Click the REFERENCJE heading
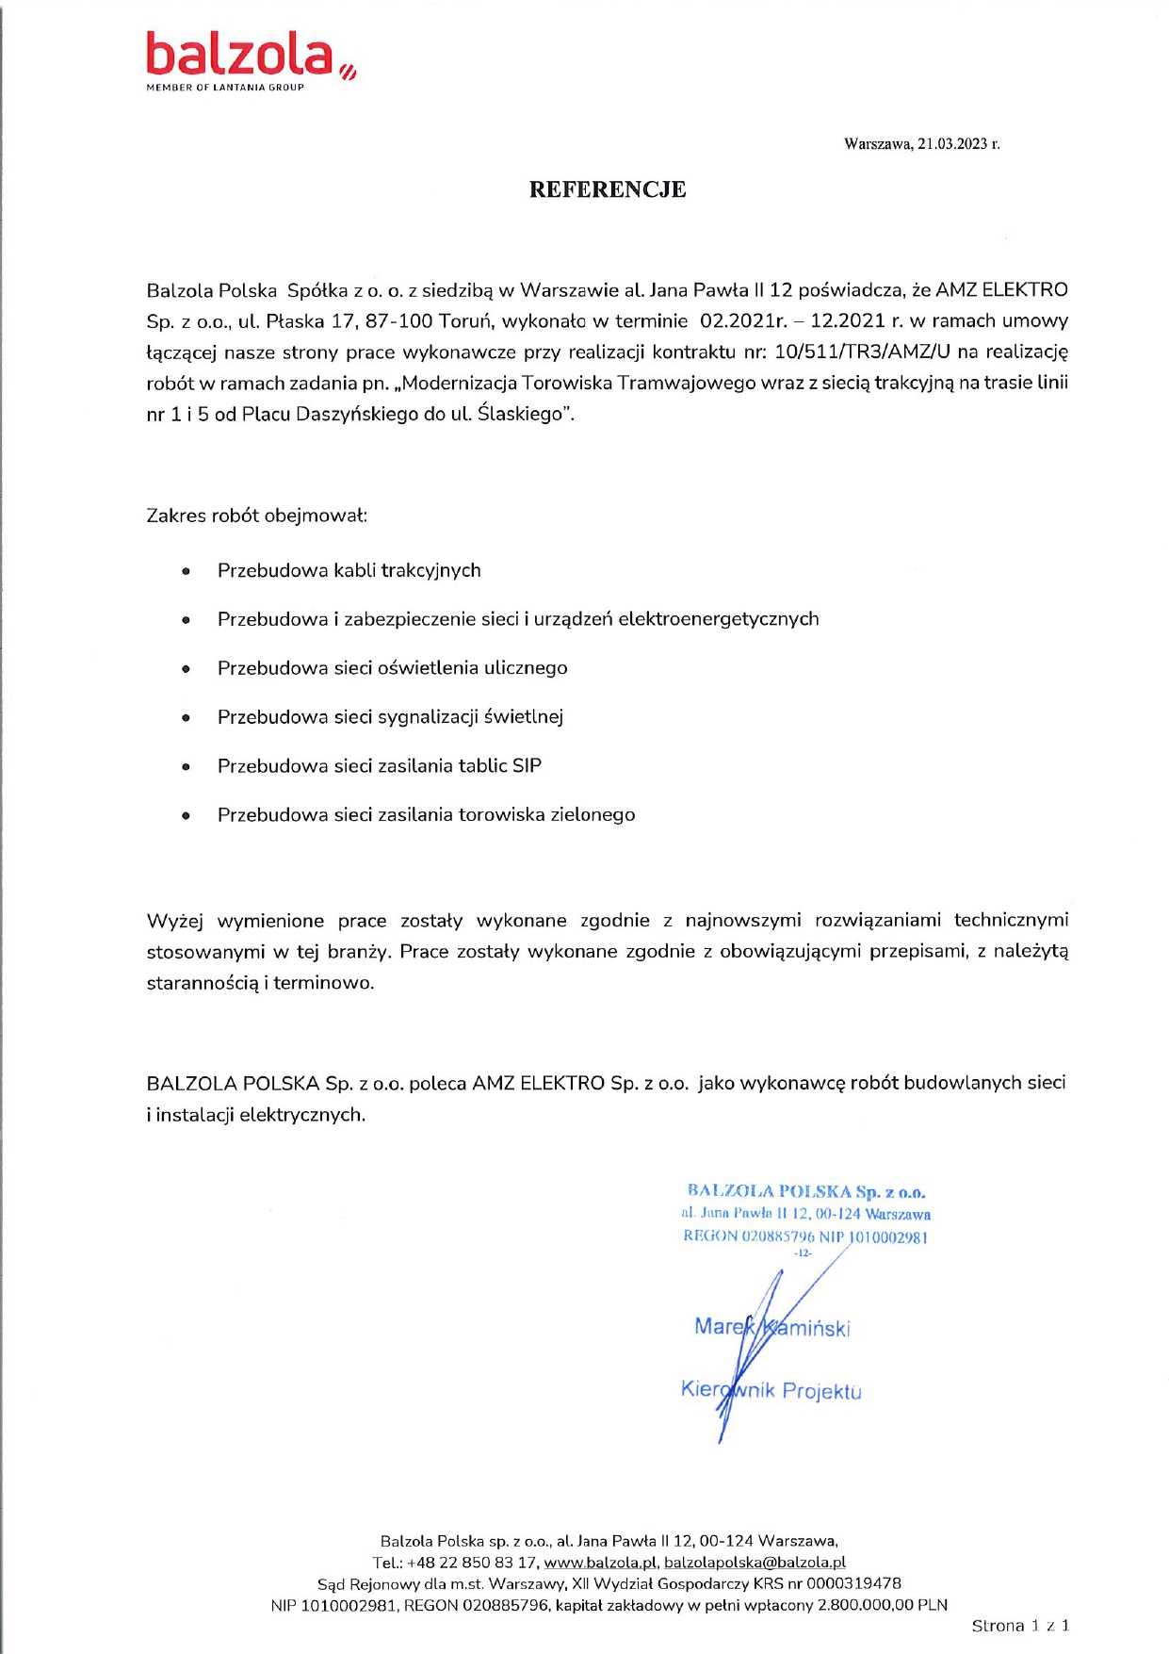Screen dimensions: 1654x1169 click(x=607, y=189)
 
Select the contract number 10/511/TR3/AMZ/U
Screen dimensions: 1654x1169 click(x=861, y=352)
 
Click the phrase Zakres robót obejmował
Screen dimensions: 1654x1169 click(x=256, y=516)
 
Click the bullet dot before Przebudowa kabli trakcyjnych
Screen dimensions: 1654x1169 click(x=187, y=571)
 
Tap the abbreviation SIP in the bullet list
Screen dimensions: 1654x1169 click(x=527, y=766)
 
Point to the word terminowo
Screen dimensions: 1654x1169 click(x=323, y=983)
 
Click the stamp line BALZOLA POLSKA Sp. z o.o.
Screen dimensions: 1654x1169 click(x=806, y=1192)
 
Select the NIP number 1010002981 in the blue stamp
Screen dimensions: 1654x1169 click(x=888, y=1237)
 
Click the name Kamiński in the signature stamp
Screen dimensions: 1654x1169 click(x=806, y=1328)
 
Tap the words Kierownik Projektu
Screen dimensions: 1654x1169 click(x=771, y=1391)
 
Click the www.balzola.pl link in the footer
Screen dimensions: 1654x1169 click(x=599, y=1563)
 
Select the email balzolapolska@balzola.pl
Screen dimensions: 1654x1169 click(x=755, y=1563)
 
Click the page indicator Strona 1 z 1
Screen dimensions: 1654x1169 click(x=1020, y=1626)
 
